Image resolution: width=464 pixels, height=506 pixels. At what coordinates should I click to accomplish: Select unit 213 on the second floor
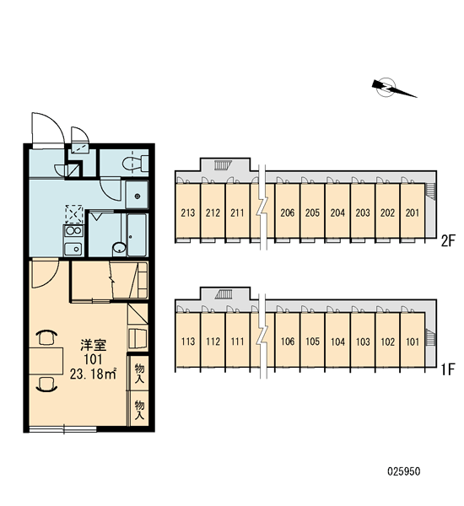tap(188, 213)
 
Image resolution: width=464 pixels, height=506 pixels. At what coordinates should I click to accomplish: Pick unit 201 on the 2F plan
tap(413, 213)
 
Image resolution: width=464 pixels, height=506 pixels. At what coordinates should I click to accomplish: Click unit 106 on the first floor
tap(288, 341)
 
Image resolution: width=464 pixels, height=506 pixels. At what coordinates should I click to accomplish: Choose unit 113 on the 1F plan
tap(188, 341)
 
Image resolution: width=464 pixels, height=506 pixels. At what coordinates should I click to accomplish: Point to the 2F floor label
tap(448, 240)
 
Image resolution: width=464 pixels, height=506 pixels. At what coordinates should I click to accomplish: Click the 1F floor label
tap(448, 369)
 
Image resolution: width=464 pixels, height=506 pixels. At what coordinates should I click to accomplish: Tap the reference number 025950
tap(404, 471)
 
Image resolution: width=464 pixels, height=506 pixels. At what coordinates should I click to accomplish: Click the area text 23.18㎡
tap(93, 374)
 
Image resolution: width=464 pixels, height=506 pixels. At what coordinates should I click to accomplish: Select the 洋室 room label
tap(94, 345)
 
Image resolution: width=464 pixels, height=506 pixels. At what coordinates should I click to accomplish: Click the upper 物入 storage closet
tap(139, 373)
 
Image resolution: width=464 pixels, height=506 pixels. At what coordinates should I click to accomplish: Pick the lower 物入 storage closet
tap(139, 408)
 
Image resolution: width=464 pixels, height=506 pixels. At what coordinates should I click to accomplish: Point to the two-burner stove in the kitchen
tap(73, 231)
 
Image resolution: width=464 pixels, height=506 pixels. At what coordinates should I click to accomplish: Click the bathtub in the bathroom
tap(137, 234)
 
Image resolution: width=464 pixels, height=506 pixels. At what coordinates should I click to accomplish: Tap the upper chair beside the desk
tap(46, 337)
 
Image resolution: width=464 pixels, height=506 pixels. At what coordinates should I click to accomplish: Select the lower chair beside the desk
tap(46, 385)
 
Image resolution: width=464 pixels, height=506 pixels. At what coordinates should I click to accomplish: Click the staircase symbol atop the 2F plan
tap(224, 165)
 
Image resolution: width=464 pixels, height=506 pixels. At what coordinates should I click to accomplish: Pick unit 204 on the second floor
tap(337, 213)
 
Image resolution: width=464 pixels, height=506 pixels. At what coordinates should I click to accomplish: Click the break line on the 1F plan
tap(263, 336)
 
